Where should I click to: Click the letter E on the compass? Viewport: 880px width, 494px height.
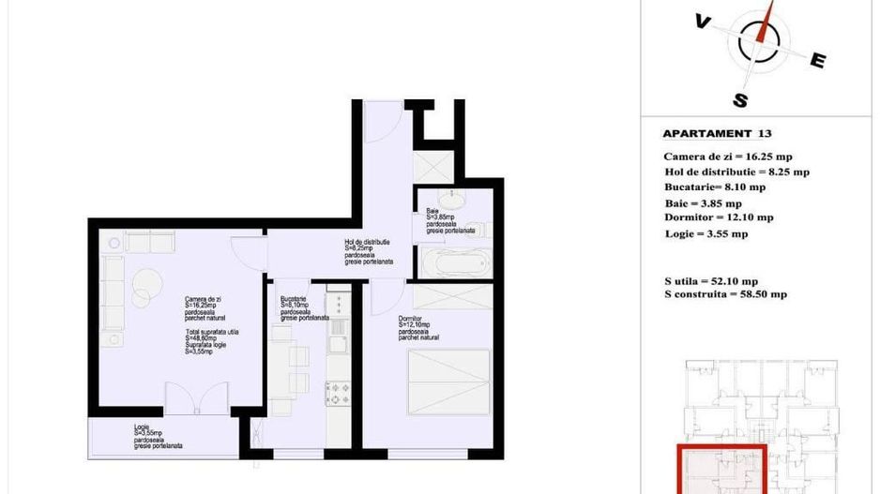(817, 62)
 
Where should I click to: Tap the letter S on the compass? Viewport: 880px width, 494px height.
(740, 100)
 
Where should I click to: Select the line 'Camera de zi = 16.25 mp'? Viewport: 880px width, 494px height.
(727, 157)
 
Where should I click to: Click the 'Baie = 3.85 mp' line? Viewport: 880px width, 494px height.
(703, 202)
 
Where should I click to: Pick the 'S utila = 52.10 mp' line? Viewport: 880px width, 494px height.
(710, 280)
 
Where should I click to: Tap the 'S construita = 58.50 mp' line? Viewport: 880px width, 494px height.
(724, 294)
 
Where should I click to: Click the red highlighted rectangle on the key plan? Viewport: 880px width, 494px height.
(721, 469)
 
